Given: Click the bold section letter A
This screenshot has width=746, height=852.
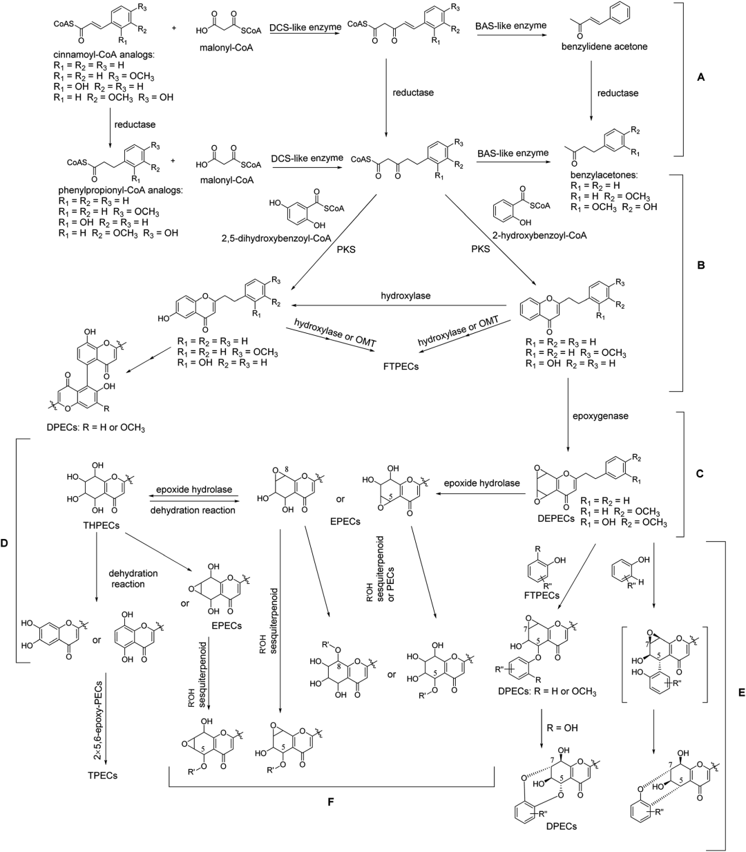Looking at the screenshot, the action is pyautogui.click(x=700, y=77).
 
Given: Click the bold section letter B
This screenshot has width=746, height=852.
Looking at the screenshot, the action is pyautogui.click(x=700, y=265).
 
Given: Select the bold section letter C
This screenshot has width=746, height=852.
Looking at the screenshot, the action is pyautogui.click(x=700, y=474).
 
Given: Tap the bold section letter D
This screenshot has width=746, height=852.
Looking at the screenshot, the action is pyautogui.click(x=5, y=543).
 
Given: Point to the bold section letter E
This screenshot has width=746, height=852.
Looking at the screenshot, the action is pyautogui.click(x=741, y=692).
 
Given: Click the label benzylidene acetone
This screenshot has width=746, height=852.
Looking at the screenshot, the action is pyautogui.click(x=604, y=46).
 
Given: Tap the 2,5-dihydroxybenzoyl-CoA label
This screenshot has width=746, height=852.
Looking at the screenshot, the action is pyautogui.click(x=277, y=238).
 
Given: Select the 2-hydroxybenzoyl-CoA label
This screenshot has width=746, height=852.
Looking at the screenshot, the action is pyautogui.click(x=539, y=236).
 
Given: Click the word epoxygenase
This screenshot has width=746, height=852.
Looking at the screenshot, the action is pyautogui.click(x=600, y=416).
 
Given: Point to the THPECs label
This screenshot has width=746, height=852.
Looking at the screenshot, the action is pyautogui.click(x=101, y=526).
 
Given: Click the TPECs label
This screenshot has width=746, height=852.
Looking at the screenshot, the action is pyautogui.click(x=102, y=775).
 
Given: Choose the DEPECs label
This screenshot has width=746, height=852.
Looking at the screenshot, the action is pyautogui.click(x=556, y=518).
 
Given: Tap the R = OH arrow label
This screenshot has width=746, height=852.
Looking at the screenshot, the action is pyautogui.click(x=562, y=728).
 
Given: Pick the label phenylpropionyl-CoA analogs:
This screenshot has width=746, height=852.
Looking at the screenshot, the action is pyautogui.click(x=121, y=190).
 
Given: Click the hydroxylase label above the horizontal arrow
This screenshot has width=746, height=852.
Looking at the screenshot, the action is pyautogui.click(x=405, y=296).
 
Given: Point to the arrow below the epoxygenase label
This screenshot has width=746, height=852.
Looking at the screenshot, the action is pyautogui.click(x=568, y=415).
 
